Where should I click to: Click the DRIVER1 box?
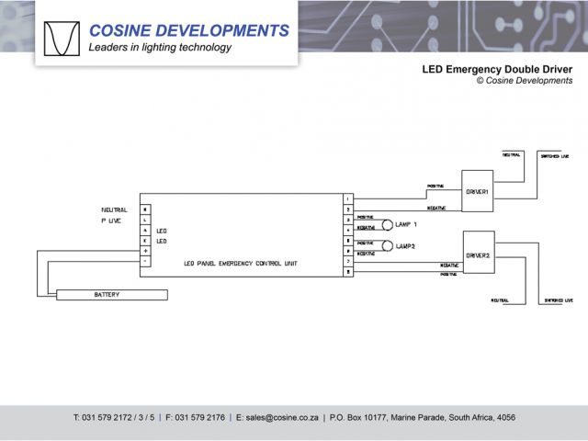point(477,191)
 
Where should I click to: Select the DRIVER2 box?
point(478,253)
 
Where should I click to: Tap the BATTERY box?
point(106,295)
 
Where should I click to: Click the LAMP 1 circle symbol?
point(388,224)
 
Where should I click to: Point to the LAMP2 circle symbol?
point(388,245)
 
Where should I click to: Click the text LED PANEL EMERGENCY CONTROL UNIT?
point(241,264)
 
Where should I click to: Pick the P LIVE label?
point(110,221)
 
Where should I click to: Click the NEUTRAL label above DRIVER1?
point(511,154)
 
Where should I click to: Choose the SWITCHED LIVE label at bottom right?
point(557,300)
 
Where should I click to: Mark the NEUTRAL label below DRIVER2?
point(500,300)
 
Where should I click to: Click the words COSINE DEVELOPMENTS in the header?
point(188,30)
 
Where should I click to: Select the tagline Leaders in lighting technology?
point(160,48)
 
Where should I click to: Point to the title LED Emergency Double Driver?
point(496,69)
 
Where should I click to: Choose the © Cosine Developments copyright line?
point(524,81)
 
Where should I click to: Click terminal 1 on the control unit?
point(347,198)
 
